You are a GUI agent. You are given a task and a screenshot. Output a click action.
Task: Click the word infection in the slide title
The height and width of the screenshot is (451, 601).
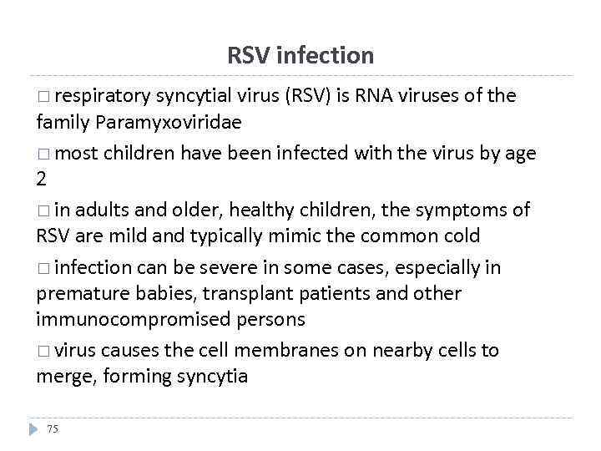[x=324, y=56]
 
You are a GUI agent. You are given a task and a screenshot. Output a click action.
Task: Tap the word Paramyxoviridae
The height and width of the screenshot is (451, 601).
[x=169, y=122]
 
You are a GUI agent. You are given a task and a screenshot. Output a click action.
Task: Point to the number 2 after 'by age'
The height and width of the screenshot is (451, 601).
[x=42, y=179]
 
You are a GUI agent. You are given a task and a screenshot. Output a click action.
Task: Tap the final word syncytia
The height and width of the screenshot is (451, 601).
[x=212, y=377]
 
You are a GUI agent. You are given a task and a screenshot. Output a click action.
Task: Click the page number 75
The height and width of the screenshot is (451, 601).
[x=53, y=428]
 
